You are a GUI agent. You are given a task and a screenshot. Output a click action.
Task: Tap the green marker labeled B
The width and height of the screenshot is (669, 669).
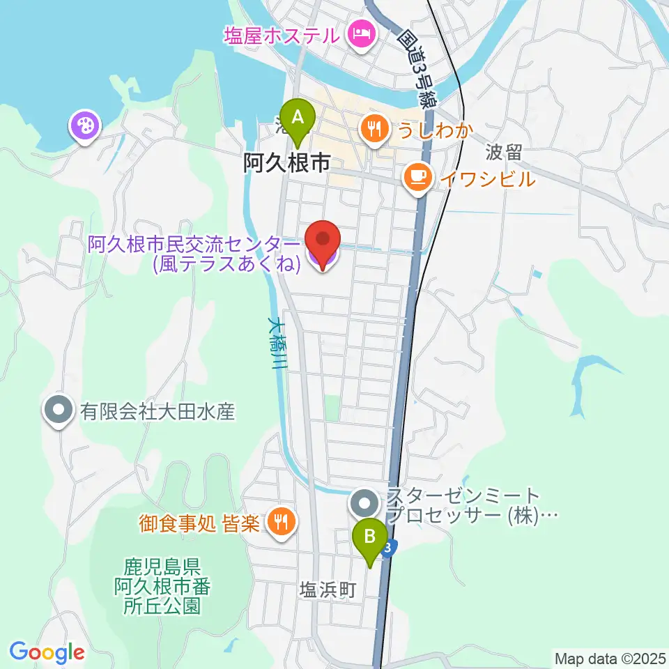370,538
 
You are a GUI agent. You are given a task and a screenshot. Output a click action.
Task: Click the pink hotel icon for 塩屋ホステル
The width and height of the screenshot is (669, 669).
362,33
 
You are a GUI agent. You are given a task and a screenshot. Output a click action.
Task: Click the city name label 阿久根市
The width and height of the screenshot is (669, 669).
286,163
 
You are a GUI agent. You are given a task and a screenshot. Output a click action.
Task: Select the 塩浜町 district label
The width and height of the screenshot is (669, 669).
328,591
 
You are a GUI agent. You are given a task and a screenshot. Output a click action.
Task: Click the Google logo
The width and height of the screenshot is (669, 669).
47,652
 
